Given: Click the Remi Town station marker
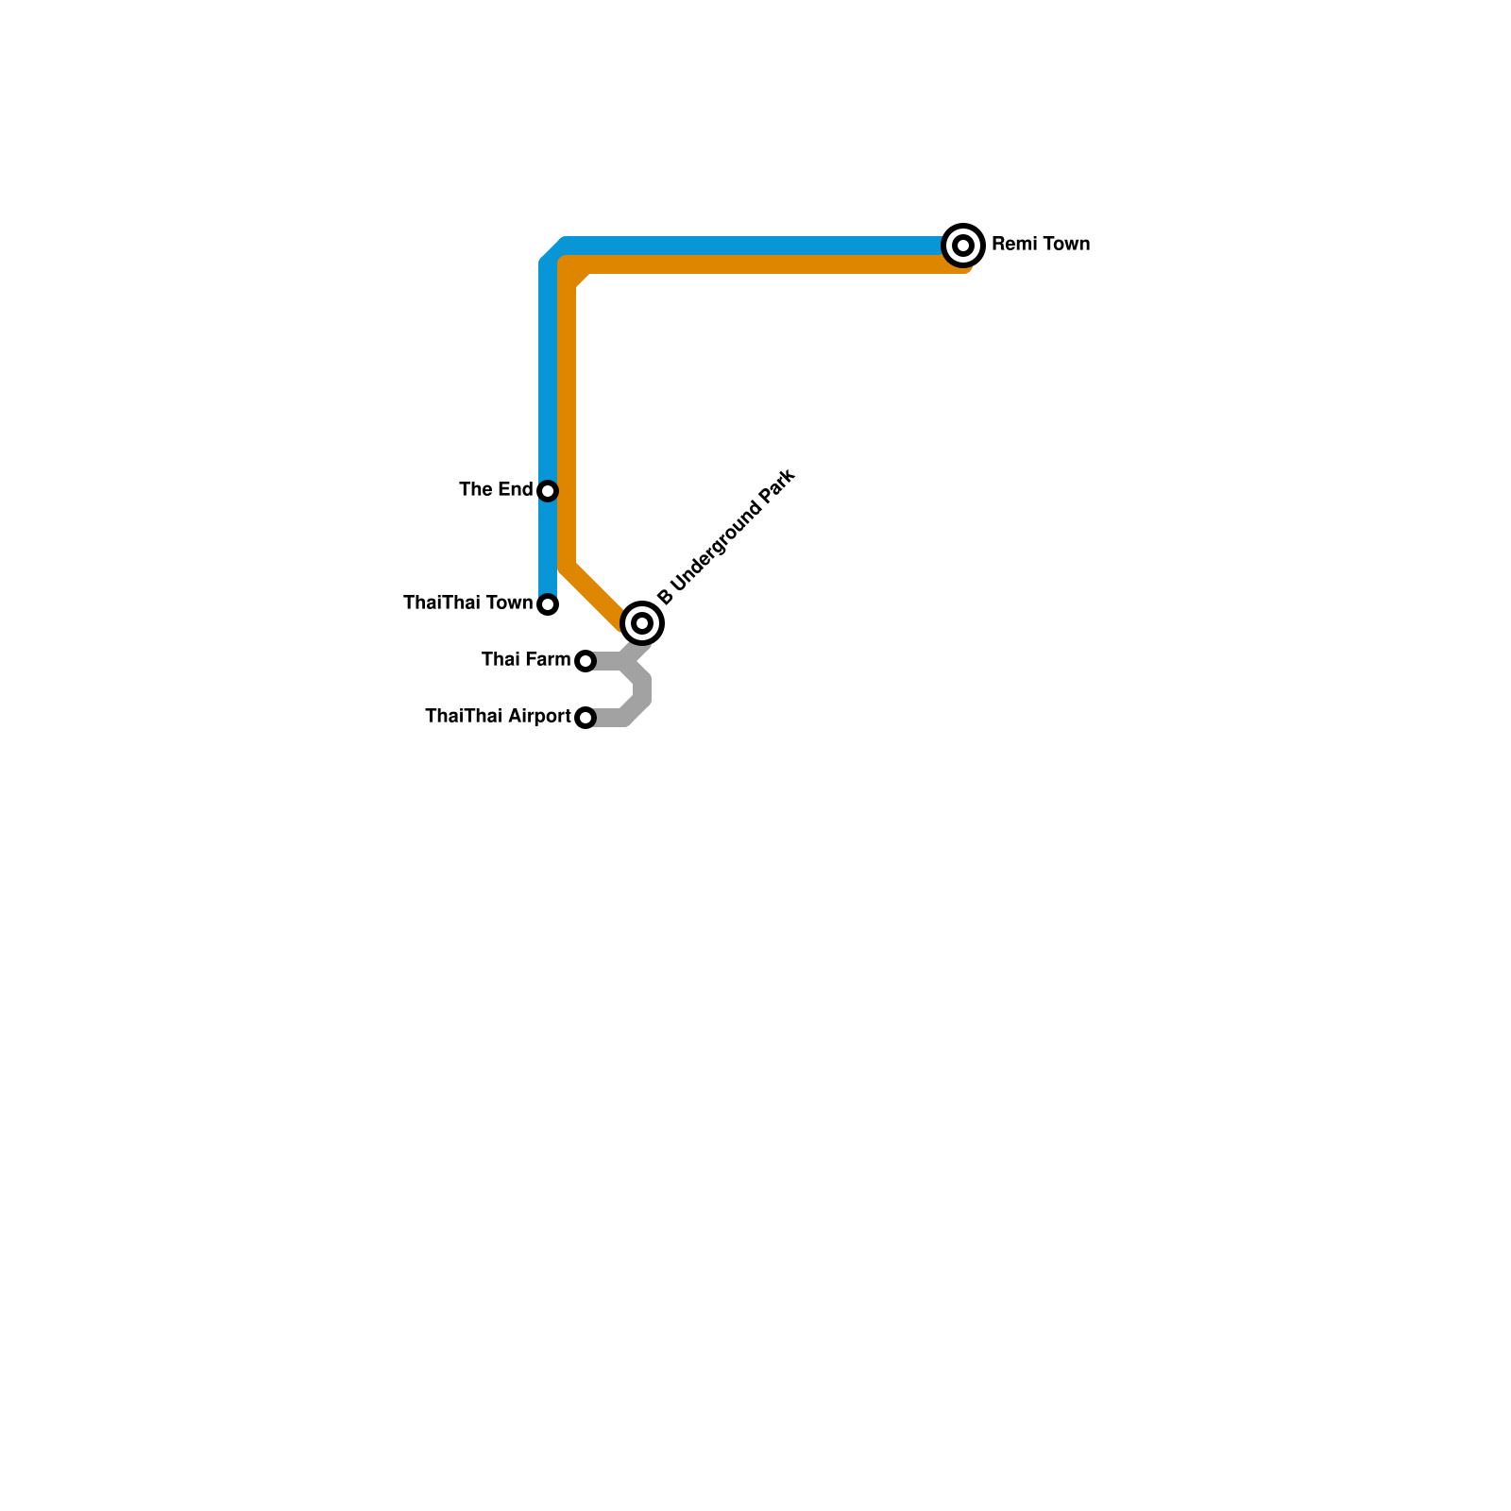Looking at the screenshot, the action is tap(963, 246).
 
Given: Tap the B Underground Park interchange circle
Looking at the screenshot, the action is tap(642, 623).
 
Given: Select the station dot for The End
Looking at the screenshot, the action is tap(548, 491).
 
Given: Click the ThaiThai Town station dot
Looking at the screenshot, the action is tap(548, 604).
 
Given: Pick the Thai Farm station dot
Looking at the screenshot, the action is tap(586, 661).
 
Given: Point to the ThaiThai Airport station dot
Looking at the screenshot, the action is tap(586, 718).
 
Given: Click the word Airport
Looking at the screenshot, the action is tap(539, 717).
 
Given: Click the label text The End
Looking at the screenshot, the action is tap(496, 489).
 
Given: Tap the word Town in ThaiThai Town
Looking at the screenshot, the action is tap(508, 603).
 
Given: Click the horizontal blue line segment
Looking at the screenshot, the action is tap(755, 246).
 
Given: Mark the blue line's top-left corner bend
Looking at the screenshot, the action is tap(553, 251).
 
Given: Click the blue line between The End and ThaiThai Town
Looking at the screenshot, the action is tap(548, 548).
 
